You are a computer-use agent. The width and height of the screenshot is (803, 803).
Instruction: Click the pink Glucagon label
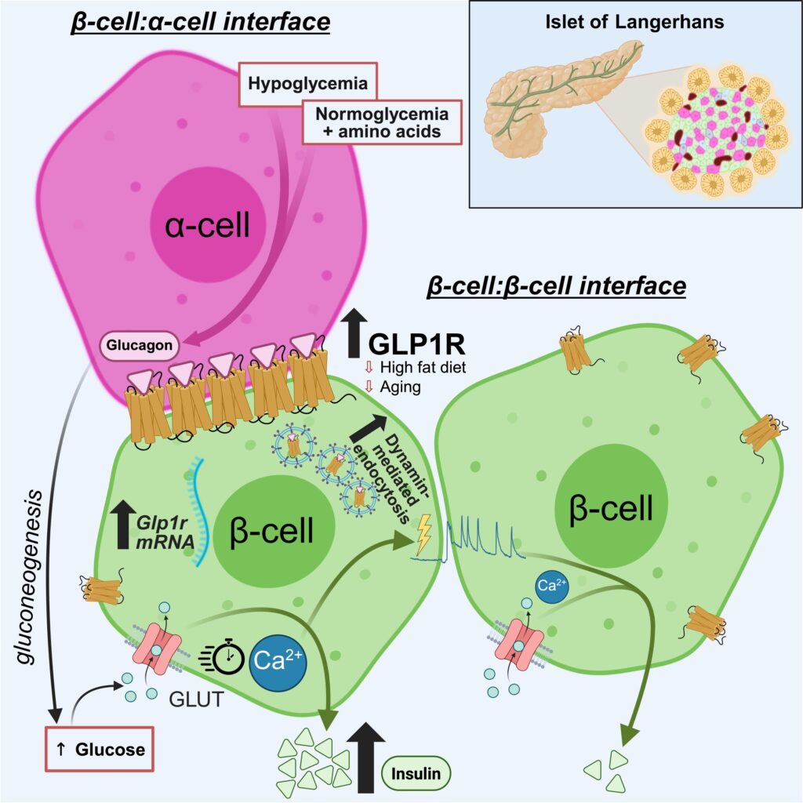pyautogui.click(x=137, y=343)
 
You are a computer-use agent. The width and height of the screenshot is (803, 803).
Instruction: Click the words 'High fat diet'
pyautogui.click(x=423, y=368)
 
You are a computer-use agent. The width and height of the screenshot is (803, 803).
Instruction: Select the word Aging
pyautogui.click(x=401, y=387)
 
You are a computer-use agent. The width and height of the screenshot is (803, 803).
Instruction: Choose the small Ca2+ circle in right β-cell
pyautogui.click(x=551, y=585)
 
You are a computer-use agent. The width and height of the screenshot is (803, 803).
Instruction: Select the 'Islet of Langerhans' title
pyautogui.click(x=634, y=22)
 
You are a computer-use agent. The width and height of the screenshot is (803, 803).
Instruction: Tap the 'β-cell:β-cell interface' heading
pyautogui.click(x=556, y=285)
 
